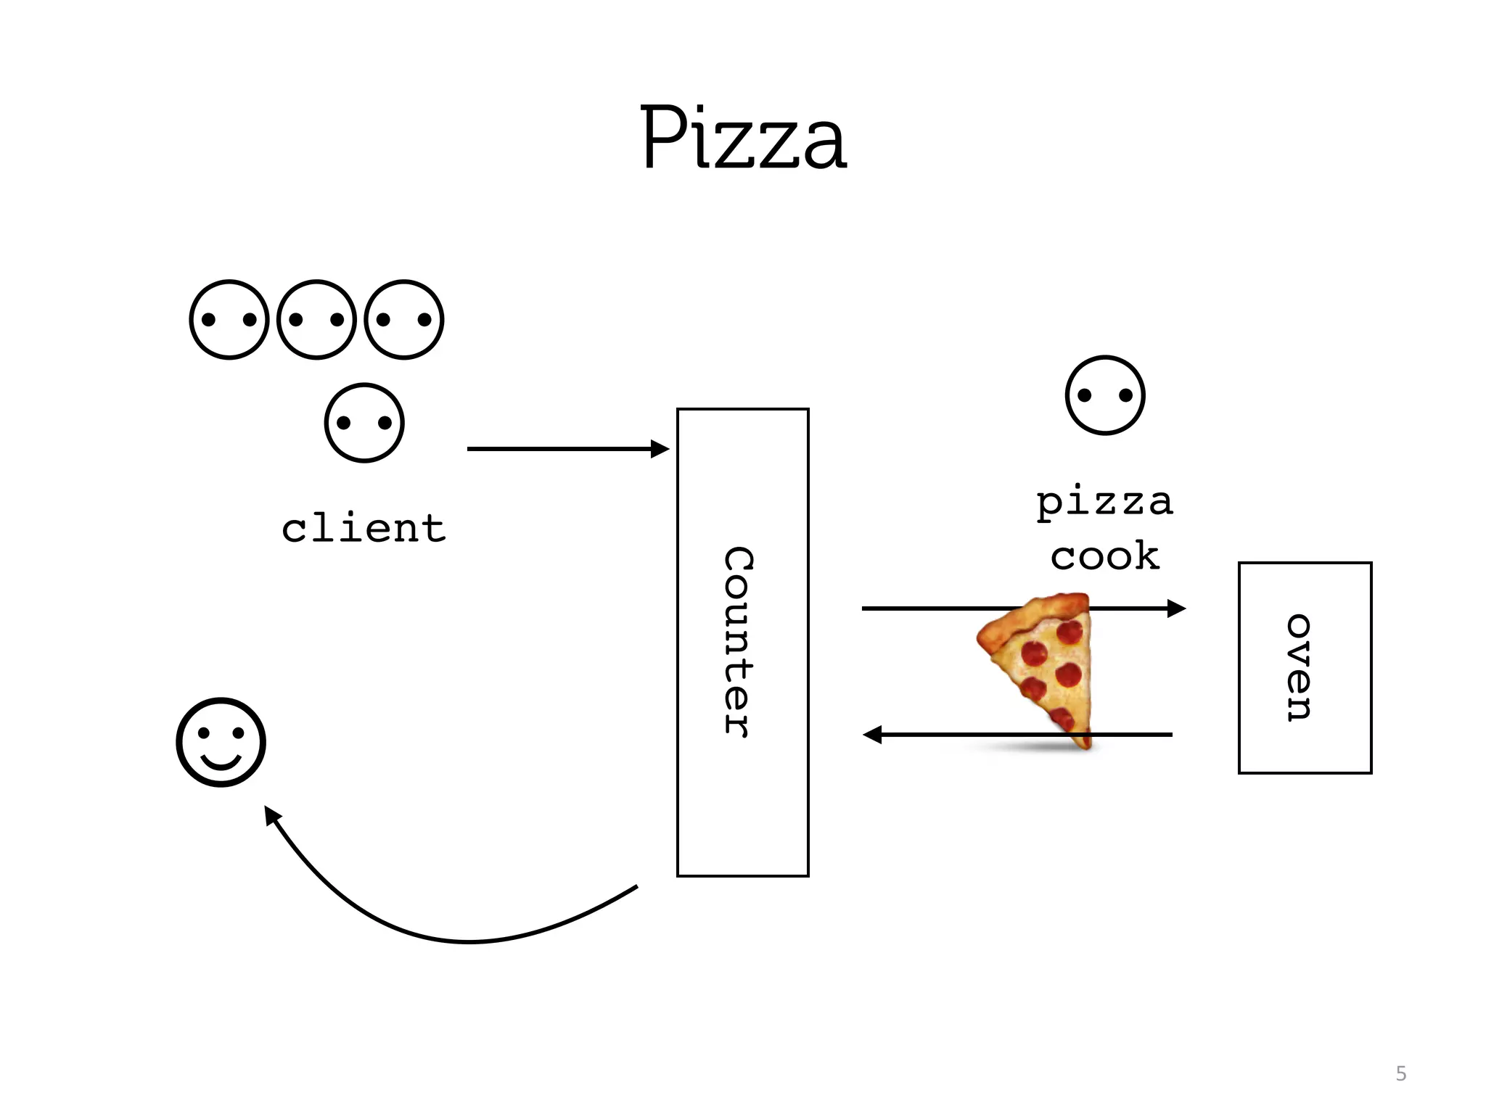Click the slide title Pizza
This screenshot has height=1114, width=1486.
coord(743,138)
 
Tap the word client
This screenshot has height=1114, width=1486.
coord(364,528)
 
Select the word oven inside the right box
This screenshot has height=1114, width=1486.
coord(1299,667)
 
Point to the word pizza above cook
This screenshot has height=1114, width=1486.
coord(1104,503)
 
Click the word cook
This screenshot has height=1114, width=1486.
coord(1104,556)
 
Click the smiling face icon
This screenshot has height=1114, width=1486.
coord(221,742)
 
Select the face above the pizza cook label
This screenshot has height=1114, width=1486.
coord(1105,395)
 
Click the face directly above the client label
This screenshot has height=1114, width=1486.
coord(364,423)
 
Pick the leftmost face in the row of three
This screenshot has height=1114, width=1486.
coord(229,319)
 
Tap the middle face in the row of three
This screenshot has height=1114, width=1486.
coord(316,319)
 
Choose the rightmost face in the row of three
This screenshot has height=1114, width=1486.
coord(404,319)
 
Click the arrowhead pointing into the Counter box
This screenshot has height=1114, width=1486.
coord(660,449)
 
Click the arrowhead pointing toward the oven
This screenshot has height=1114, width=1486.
coord(1176,608)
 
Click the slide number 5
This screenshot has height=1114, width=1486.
coord(1400,1073)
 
